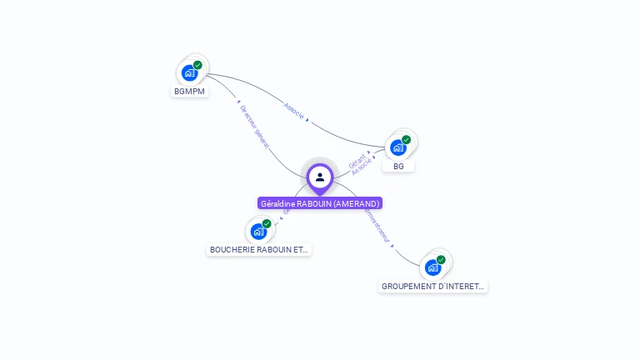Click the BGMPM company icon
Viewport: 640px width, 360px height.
(x=190, y=72)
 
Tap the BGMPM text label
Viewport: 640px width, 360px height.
(x=190, y=91)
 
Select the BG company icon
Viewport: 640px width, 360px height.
(x=398, y=147)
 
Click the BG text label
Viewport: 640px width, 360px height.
(x=398, y=166)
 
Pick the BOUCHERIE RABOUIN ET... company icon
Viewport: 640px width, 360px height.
(x=258, y=231)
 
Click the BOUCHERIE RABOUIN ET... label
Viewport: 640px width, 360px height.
(x=258, y=249)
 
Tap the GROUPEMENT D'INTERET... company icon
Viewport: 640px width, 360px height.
(x=432, y=267)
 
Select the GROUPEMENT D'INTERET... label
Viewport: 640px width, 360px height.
(x=432, y=286)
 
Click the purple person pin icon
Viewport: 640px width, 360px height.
(x=320, y=177)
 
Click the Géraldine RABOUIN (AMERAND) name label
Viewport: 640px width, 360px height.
(x=320, y=203)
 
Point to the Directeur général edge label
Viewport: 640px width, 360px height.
(x=254, y=127)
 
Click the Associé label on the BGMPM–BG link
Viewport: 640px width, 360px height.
(x=294, y=110)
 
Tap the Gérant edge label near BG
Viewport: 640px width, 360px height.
(x=357, y=159)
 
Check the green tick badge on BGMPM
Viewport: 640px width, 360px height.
(x=197, y=65)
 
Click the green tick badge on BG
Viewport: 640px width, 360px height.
(x=406, y=140)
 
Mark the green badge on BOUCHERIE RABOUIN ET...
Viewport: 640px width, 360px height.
(x=267, y=223)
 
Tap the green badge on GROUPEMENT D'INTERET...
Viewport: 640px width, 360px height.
(x=441, y=260)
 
